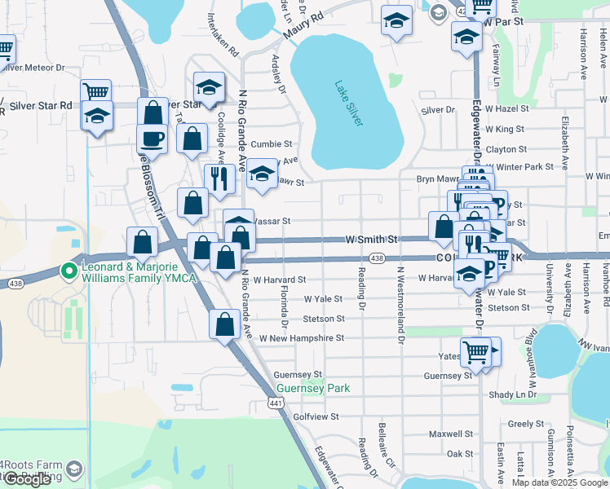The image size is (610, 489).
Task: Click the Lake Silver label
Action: pyautogui.click(x=348, y=102)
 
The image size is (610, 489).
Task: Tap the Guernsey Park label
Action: pyautogui.click(x=313, y=388)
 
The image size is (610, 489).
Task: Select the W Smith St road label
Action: pyautogui.click(x=371, y=240)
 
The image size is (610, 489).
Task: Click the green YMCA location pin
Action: pyautogui.click(x=69, y=271)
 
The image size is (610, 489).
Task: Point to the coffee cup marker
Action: pyautogui.click(x=152, y=139)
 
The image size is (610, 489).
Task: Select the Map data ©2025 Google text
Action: pyautogui.click(x=559, y=482)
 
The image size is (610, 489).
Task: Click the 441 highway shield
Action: pyautogui.click(x=276, y=403)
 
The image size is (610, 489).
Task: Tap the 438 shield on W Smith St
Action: pyautogui.click(x=376, y=258)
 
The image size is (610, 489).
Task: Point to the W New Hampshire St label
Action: pyautogui.click(x=302, y=337)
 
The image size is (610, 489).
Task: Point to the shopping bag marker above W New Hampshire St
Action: pyautogui.click(x=224, y=323)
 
